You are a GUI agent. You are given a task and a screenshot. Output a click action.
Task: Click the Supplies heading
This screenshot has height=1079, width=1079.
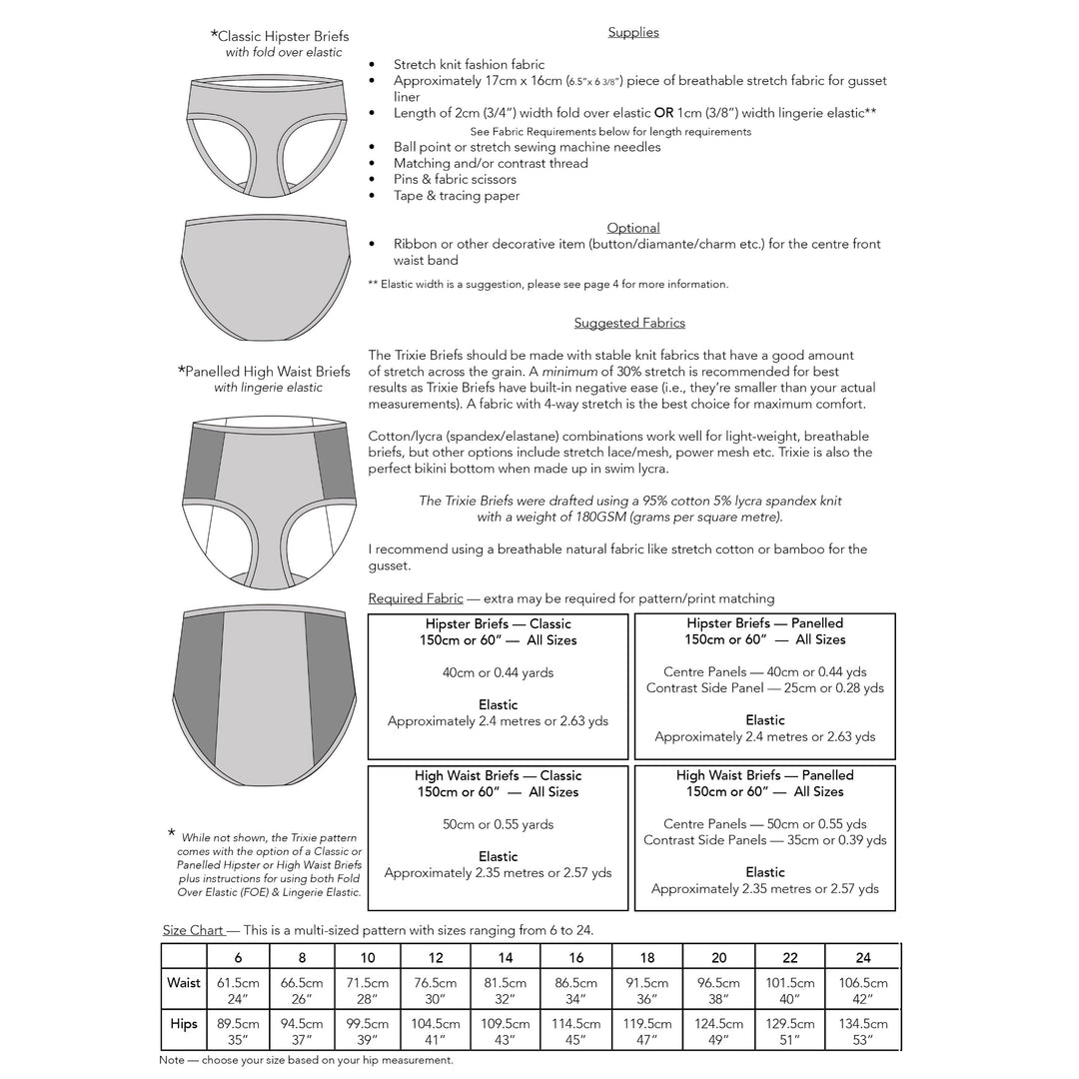point(633,32)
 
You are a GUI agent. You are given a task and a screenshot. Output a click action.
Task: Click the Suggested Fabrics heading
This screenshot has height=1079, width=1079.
point(629,323)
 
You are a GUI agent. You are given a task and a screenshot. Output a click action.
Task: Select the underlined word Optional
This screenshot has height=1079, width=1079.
point(633,228)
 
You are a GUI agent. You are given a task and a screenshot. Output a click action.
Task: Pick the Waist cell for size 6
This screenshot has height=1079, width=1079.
point(238,990)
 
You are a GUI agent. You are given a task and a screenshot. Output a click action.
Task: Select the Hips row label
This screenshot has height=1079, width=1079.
point(184,1023)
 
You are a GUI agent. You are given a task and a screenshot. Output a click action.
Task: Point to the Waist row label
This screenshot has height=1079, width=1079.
point(184,983)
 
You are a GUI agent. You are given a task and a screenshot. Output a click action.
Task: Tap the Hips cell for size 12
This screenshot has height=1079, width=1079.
point(435,1031)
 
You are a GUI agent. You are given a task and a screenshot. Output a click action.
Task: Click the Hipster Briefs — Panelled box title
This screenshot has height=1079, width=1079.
point(765,622)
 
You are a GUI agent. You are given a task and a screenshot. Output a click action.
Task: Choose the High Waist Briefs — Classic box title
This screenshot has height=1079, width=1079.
point(498,775)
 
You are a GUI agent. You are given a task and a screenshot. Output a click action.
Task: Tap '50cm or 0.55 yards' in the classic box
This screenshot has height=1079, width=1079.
point(498,824)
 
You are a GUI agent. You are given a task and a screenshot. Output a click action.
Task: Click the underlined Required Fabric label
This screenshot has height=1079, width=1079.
point(416,598)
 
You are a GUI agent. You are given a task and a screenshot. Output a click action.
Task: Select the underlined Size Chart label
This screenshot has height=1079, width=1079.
point(193,930)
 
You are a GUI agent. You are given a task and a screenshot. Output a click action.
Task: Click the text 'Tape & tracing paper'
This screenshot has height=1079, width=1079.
point(457,196)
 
